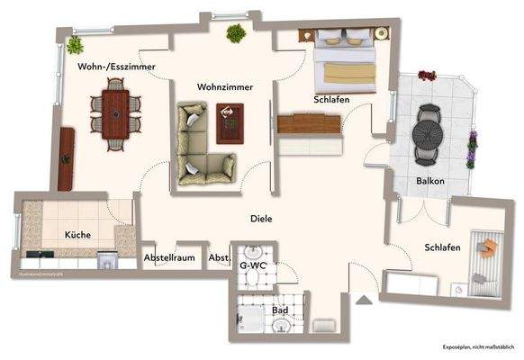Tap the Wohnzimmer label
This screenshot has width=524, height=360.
click(x=225, y=87)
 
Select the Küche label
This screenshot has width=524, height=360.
click(x=77, y=234)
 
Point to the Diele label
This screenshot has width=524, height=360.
click(x=262, y=219)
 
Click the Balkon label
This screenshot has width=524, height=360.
click(x=430, y=181)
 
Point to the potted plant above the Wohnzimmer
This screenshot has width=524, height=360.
click(x=236, y=34)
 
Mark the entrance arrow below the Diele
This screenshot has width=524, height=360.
click(x=364, y=301)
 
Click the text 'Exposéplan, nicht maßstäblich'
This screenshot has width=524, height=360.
click(x=477, y=347)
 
